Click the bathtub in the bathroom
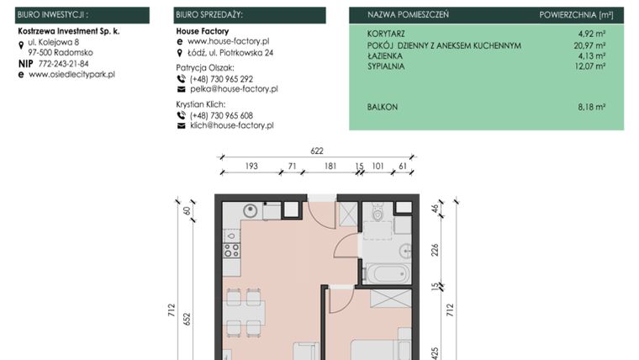[x=387, y=273]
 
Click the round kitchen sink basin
[x=250, y=211]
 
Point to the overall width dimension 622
[x=317, y=151]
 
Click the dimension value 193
[x=251, y=167]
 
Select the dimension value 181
[x=330, y=167]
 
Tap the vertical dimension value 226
[x=435, y=249]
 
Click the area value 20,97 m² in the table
[x=590, y=45]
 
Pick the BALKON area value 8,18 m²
[x=592, y=108]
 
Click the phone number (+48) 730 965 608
[x=221, y=116]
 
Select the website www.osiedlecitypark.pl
[x=71, y=74]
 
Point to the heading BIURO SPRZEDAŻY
[x=209, y=15]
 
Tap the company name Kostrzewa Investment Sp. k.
[x=69, y=30]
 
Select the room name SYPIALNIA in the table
[x=386, y=64]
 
